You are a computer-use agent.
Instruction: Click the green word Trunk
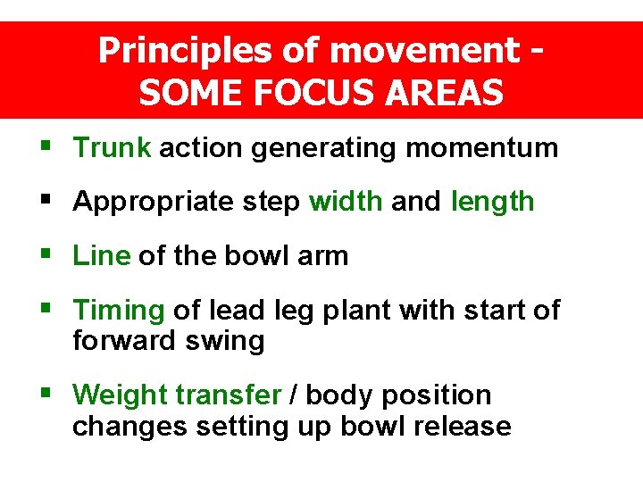coord(112,147)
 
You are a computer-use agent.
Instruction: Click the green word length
coord(493,203)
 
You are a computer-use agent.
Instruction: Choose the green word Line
coord(101,256)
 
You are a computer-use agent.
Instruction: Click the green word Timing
coord(118,311)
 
